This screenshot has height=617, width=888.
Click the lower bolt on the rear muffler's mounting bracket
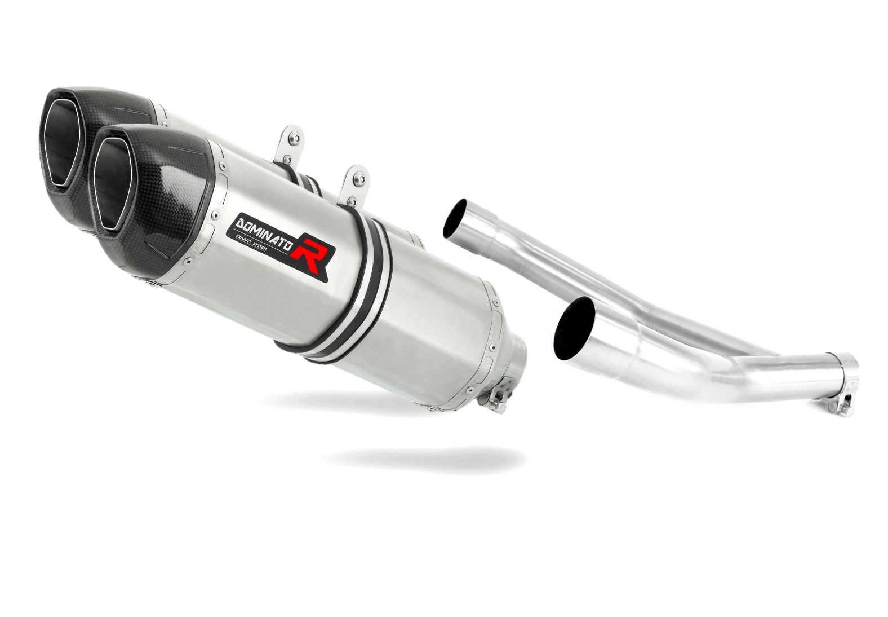pos(287,158)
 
